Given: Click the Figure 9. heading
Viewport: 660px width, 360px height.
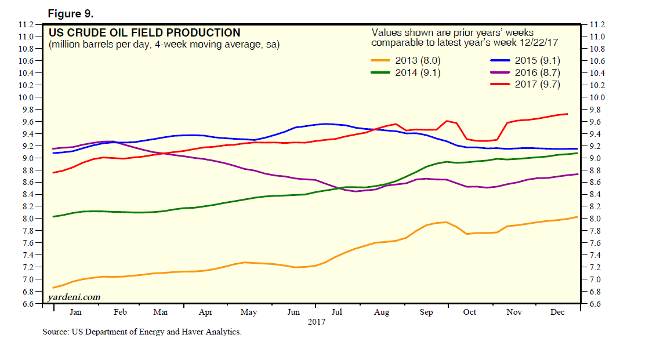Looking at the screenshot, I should [x=67, y=12].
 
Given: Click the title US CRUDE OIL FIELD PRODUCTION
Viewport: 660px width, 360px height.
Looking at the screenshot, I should [x=144, y=33].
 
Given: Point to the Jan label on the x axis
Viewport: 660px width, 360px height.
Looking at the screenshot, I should [x=75, y=312].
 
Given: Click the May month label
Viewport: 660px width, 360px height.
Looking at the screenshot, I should [x=248, y=312].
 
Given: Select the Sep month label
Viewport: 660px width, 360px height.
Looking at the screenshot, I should [x=426, y=312].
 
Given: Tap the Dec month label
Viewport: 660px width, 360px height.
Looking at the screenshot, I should [x=557, y=312].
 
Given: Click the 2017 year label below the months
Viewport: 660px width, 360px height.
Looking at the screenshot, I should [x=316, y=322].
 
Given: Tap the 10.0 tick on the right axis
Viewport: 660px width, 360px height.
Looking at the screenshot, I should [x=597, y=97].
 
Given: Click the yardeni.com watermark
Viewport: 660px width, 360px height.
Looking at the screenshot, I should [x=74, y=297].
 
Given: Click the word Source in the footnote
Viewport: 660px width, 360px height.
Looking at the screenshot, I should [x=55, y=333].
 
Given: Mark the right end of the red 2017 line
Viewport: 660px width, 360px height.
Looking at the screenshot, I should [x=567, y=114].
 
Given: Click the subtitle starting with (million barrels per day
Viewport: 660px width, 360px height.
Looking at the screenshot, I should [x=164, y=45].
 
